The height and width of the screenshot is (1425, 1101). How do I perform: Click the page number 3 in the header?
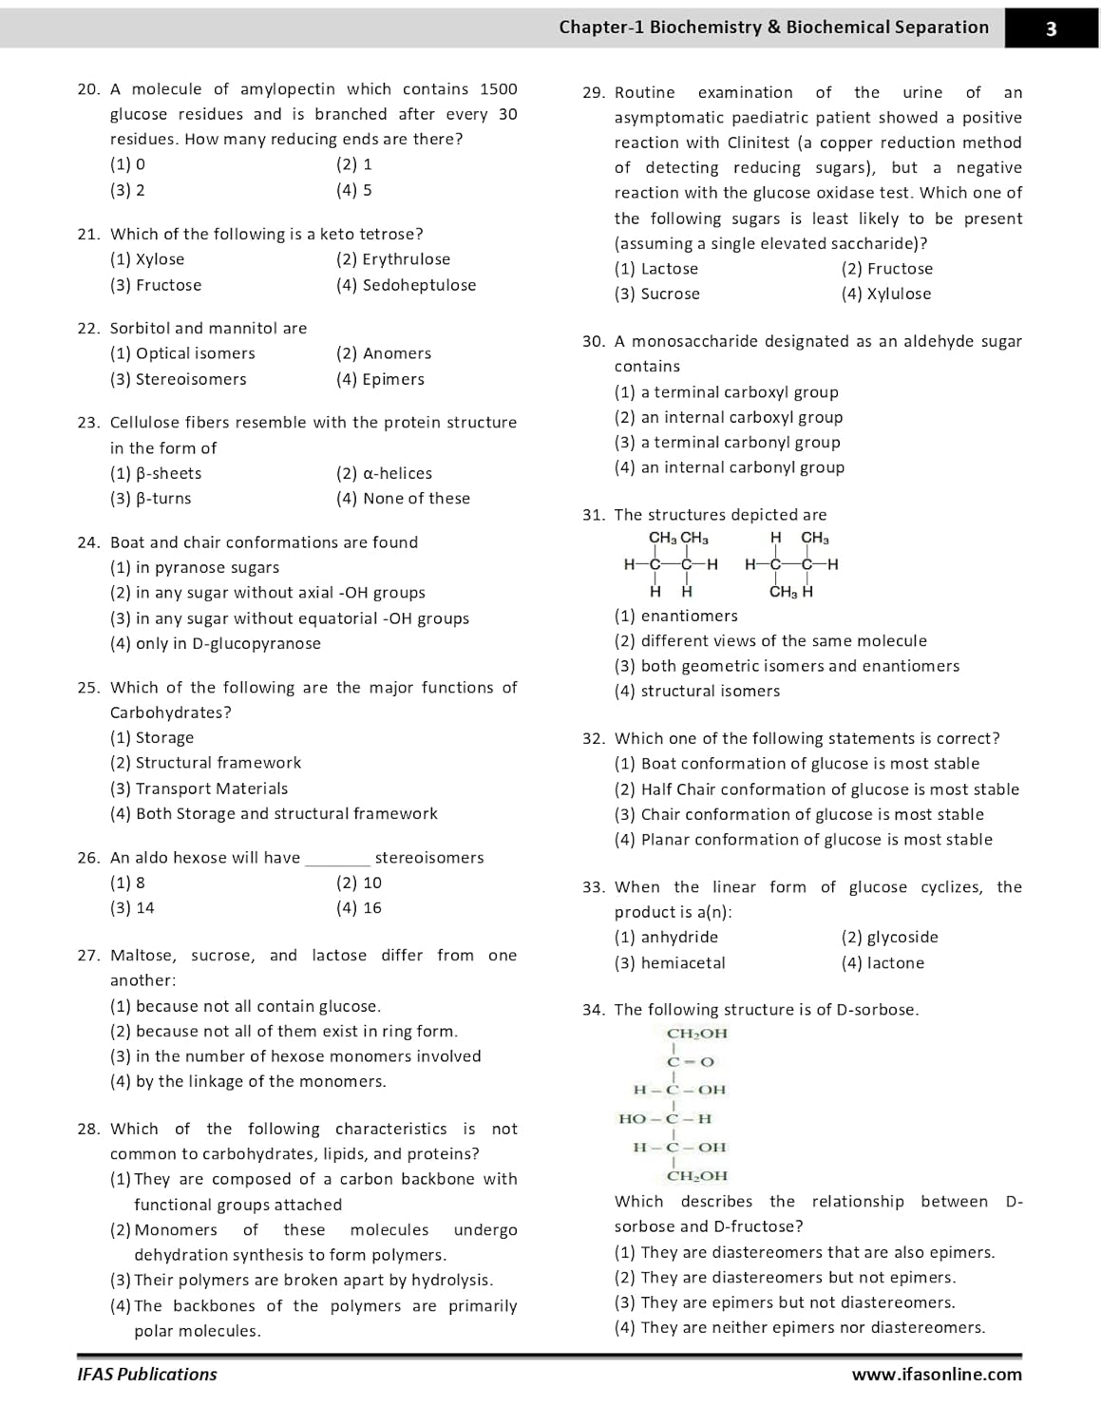1051,28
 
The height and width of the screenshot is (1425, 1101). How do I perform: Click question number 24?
88,542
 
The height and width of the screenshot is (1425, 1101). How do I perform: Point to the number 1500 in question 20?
498,89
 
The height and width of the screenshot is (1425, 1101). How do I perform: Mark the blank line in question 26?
337,859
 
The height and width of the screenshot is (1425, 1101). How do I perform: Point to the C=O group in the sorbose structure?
691,1062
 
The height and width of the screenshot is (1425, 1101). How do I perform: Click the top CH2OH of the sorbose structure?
696,1034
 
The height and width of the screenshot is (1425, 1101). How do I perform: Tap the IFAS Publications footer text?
147,1375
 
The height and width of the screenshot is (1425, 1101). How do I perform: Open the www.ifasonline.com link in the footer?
937,1375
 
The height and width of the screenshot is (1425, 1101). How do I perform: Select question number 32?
594,739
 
